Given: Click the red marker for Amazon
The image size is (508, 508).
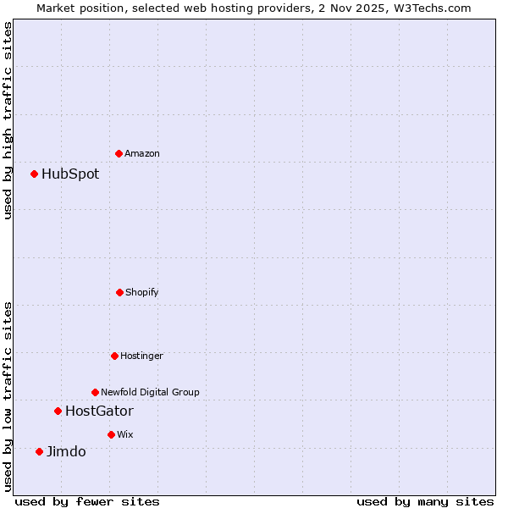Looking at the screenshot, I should click(x=119, y=153).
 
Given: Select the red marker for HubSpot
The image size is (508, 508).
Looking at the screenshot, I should click(x=35, y=174).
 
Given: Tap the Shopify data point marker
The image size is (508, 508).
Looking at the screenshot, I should click(x=119, y=292).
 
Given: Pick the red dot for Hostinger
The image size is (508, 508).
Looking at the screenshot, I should click(x=114, y=356).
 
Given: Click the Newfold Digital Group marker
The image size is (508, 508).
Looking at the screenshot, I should click(x=95, y=392).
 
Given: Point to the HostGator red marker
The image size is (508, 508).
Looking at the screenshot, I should click(x=58, y=411).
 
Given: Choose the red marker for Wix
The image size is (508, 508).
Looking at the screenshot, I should click(x=111, y=434).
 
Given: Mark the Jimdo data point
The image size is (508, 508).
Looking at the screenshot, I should click(x=39, y=451).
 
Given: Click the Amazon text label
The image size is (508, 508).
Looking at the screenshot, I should click(x=142, y=153).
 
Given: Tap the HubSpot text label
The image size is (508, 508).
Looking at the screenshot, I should click(x=70, y=174).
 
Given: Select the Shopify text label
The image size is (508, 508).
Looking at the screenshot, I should click(x=142, y=292).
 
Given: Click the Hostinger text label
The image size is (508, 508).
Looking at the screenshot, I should click(x=141, y=356).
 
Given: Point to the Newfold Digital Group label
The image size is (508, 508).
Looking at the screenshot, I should click(x=150, y=392).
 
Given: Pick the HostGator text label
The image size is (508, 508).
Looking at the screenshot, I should click(x=99, y=411).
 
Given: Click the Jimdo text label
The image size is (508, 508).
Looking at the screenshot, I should click(x=66, y=451).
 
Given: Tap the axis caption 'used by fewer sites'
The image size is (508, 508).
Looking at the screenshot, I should click(x=87, y=501).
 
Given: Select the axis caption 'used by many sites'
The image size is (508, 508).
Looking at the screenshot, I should click(x=425, y=501).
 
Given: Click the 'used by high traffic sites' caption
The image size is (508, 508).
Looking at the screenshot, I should click(x=8, y=120).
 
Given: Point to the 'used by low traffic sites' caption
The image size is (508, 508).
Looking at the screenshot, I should click(x=8, y=396).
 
